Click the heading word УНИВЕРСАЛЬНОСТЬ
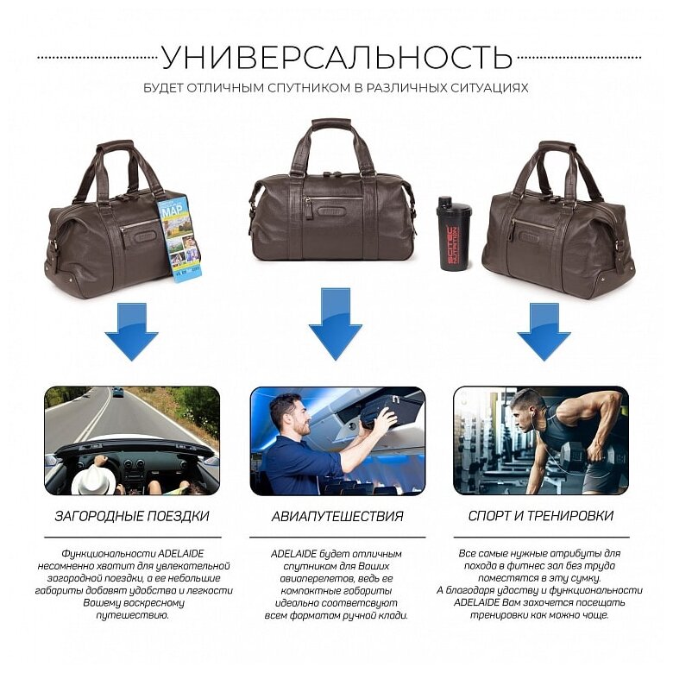click(336, 57)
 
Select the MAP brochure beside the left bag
click(179, 237)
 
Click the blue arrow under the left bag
click(131, 330)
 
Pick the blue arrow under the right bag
click(543, 330)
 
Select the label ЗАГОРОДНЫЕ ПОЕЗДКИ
click(132, 516)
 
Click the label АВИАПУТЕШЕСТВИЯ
click(337, 516)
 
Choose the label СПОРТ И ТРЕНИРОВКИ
click(541, 516)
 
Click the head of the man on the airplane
click(287, 412)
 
